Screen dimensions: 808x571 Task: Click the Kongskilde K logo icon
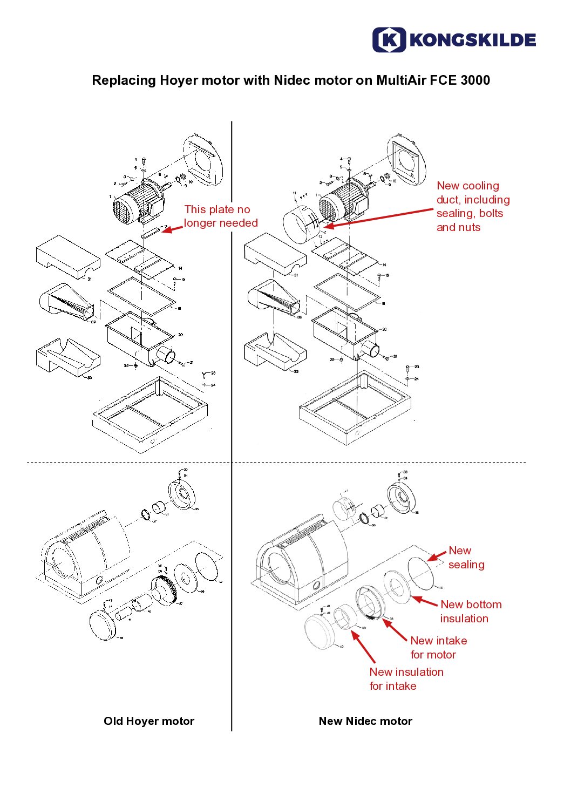pyautogui.click(x=389, y=40)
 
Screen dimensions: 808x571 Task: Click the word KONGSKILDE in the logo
pyautogui.click(x=473, y=40)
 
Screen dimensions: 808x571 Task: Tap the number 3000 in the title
pyautogui.click(x=475, y=80)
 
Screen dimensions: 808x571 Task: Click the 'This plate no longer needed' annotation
pyautogui.click(x=220, y=216)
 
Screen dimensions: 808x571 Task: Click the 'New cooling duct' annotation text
pyautogui.click(x=473, y=206)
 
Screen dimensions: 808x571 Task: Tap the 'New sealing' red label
pyautogui.click(x=466, y=558)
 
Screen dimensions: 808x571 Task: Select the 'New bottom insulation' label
pyautogui.click(x=471, y=612)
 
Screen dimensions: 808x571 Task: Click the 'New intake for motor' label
pyautogui.click(x=438, y=647)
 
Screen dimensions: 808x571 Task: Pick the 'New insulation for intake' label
pyautogui.click(x=406, y=678)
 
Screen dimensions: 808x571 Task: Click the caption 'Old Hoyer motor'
pyautogui.click(x=149, y=721)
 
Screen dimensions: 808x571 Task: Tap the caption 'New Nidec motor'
pyautogui.click(x=365, y=721)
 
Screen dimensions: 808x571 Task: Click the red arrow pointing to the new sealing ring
pyautogui.click(x=437, y=556)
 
